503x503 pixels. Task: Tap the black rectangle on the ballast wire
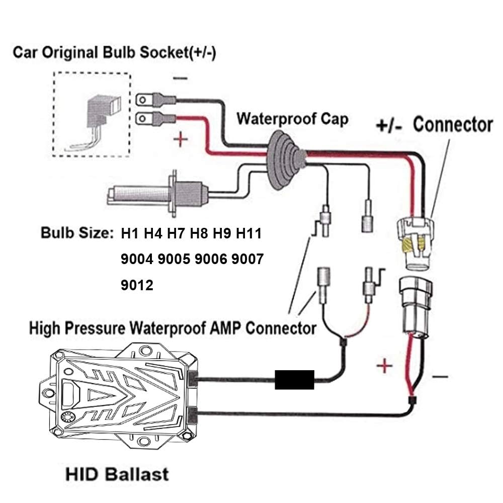[x=294, y=379]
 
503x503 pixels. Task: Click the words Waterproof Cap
[x=292, y=119]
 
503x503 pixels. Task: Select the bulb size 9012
[x=137, y=285]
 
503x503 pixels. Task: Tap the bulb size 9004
[x=137, y=260]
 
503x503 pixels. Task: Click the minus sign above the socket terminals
[x=182, y=78]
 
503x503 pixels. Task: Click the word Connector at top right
[x=453, y=124]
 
